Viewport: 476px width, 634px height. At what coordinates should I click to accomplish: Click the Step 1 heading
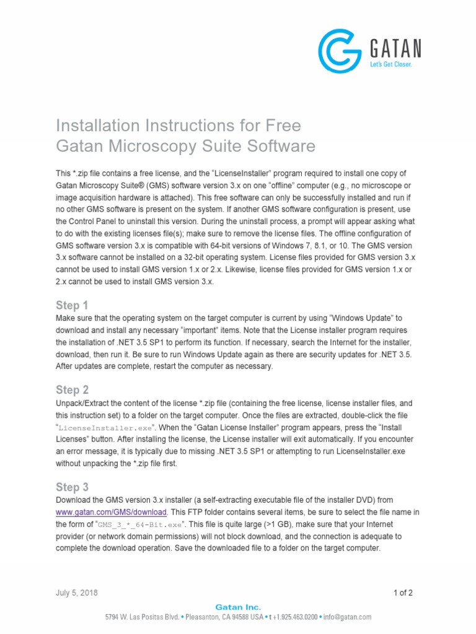tap(72, 305)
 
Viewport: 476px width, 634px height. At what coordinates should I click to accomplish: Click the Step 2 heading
tap(72, 390)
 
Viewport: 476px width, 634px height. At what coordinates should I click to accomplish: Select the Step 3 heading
tap(72, 487)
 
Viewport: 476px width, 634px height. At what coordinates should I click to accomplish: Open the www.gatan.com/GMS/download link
tap(112, 512)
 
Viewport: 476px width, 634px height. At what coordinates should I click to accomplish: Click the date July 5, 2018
tap(76, 593)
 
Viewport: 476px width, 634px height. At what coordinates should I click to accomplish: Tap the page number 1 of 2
tap(403, 593)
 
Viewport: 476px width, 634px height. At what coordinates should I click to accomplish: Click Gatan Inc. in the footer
tap(238, 607)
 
